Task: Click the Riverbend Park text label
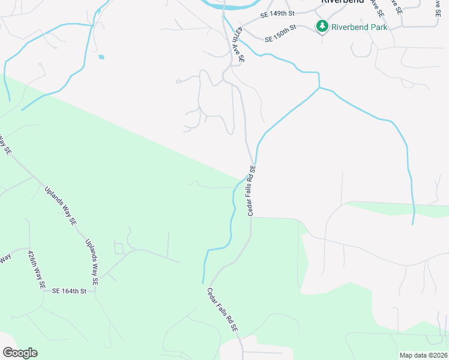pos(360,26)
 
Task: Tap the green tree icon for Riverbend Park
pos(322,26)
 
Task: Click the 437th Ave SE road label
pos(240,44)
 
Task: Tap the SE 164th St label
pos(70,291)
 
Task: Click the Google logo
pos(20,353)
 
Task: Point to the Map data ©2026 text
pos(423,355)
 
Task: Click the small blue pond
pos(101,58)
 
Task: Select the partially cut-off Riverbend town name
pos(343,2)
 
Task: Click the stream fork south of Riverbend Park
pos(319,88)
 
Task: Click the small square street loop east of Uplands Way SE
pos(119,248)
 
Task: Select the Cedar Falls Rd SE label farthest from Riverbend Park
pos(223,310)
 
